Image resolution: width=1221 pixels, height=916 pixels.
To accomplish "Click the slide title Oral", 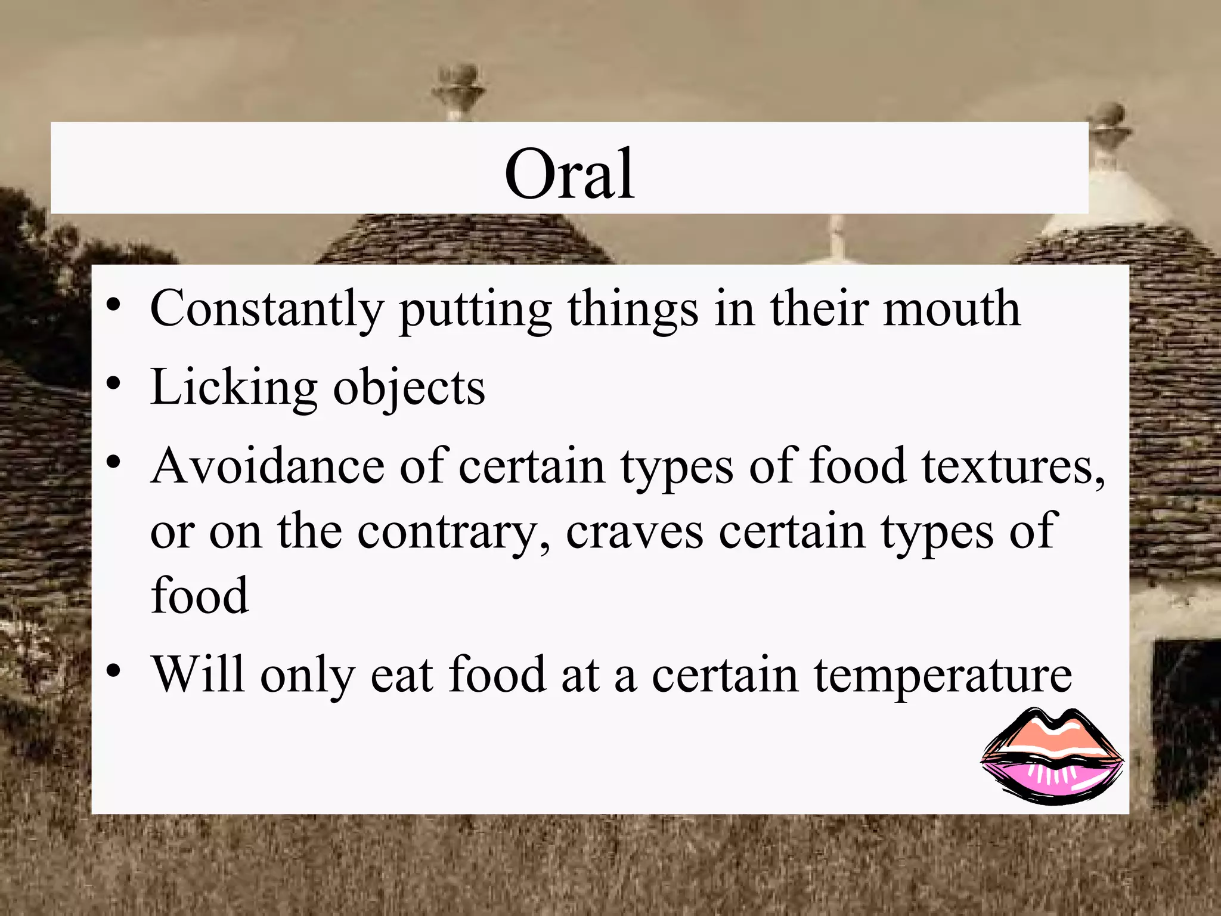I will [x=569, y=174].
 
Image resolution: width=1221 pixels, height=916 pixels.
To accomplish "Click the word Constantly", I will [x=266, y=309].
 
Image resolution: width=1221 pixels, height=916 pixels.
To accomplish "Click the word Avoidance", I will [x=268, y=466].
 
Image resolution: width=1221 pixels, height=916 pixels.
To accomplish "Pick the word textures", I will [x=1013, y=467].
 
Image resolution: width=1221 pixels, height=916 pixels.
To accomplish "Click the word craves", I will [x=634, y=532].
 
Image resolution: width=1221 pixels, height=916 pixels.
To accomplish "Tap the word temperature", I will [x=943, y=676].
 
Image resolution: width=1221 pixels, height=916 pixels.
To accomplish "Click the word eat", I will [x=401, y=675].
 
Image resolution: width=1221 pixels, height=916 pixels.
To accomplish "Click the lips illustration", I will [x=1052, y=756].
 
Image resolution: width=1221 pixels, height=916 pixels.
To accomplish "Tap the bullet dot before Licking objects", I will [x=114, y=384].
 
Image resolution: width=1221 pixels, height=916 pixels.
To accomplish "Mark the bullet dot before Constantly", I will [x=114, y=305].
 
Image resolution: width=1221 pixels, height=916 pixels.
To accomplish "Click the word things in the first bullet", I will [x=633, y=309].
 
